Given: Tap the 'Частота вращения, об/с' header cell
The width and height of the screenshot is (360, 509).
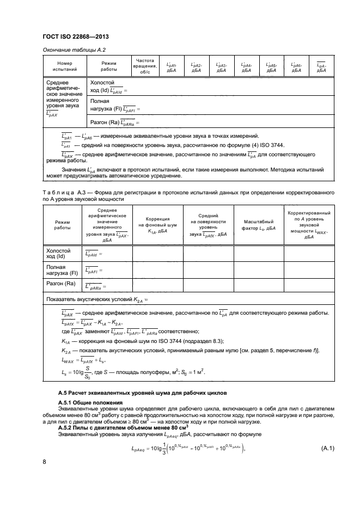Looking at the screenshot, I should pos(145,66).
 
